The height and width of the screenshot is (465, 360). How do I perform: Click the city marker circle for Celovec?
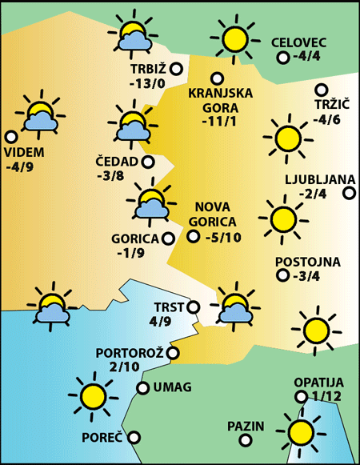[x=282, y=58]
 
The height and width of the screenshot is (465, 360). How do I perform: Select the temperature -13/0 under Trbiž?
[x=149, y=84]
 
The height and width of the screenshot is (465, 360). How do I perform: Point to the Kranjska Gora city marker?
[x=216, y=78]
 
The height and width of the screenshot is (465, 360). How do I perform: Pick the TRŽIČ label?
[x=327, y=105]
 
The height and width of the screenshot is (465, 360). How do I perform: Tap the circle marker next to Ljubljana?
[x=349, y=192]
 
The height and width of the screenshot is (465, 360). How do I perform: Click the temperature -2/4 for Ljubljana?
[x=312, y=194]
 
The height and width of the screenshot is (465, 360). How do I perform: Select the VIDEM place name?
[x=25, y=153]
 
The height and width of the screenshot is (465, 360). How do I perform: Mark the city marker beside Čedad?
[x=148, y=162]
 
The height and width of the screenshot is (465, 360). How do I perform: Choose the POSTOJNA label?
[x=307, y=262]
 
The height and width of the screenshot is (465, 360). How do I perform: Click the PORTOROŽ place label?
[x=129, y=352]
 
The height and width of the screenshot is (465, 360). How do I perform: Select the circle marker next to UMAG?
[x=142, y=388]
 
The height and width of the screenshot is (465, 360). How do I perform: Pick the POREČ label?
[x=102, y=438]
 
